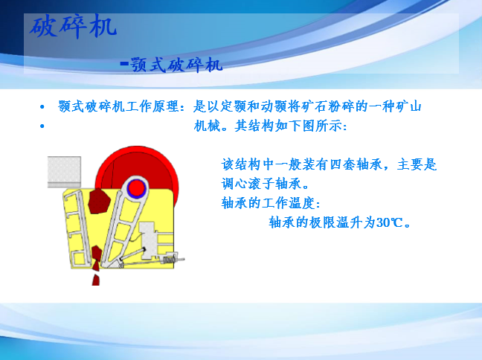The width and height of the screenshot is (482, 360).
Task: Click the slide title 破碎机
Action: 73,27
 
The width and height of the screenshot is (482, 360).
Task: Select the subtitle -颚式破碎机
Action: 171,65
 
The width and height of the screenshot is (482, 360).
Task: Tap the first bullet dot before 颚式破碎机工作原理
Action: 42,107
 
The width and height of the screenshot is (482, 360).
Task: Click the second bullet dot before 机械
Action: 42,126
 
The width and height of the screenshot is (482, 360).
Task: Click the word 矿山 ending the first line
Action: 408,106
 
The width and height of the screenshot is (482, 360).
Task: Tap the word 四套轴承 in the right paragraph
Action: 356,164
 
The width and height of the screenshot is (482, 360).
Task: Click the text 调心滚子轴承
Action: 261,184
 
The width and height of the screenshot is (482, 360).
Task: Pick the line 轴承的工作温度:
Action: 271,203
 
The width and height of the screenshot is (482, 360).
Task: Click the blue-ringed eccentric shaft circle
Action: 136,187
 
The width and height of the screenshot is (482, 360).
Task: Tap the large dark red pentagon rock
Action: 99,201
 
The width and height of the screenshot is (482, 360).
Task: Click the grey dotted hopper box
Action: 64,172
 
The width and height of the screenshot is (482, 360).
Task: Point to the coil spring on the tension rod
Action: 169,260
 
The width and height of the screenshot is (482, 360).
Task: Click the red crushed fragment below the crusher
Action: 96,280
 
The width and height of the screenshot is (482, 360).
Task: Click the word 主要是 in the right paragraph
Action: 417,164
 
